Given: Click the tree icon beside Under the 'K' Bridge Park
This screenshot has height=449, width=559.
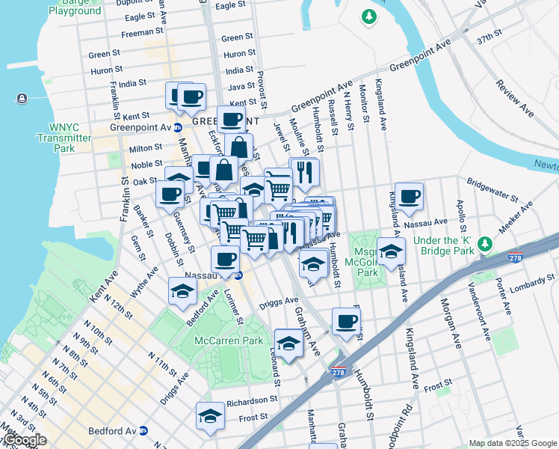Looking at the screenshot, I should point(484,245).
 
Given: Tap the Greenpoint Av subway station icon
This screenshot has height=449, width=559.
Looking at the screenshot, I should point(178,127).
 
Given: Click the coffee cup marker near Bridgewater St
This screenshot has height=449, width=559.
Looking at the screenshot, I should point(409,197).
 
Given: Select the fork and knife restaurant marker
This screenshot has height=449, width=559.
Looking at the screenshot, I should point(304,173).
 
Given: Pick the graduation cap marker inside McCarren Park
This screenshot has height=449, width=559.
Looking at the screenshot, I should point(288,343).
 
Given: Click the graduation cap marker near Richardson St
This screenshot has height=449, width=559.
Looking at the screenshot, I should point(210,416).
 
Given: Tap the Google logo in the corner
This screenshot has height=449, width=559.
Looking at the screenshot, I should point(24,440).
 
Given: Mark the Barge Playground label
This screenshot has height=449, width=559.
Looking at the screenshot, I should point(75,7).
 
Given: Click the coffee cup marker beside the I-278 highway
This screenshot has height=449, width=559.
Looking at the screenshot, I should point(345,322).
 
